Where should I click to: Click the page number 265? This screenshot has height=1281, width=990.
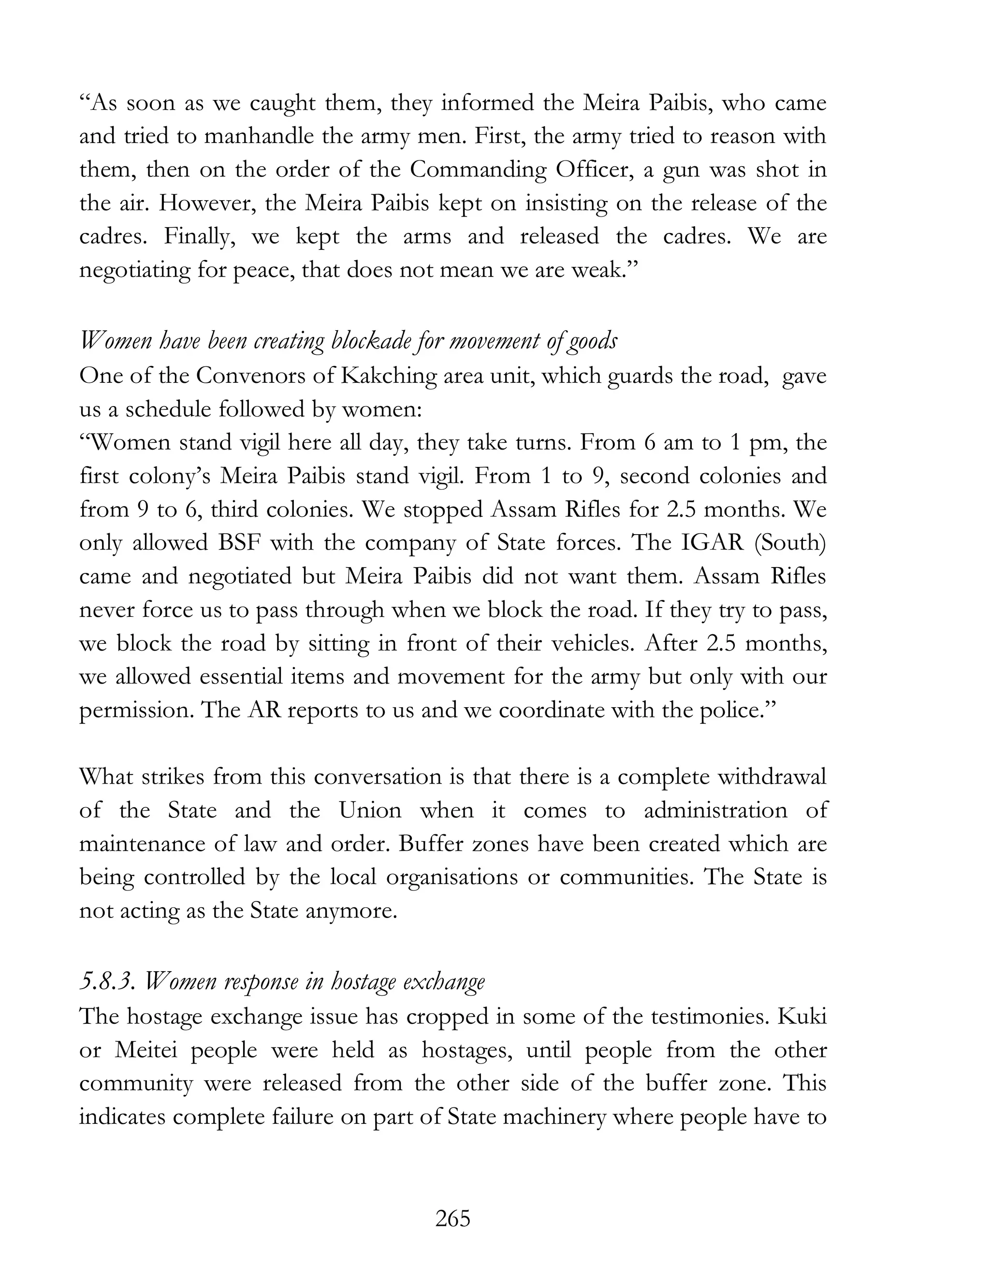point(453,1219)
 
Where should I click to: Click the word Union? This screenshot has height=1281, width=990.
point(370,811)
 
